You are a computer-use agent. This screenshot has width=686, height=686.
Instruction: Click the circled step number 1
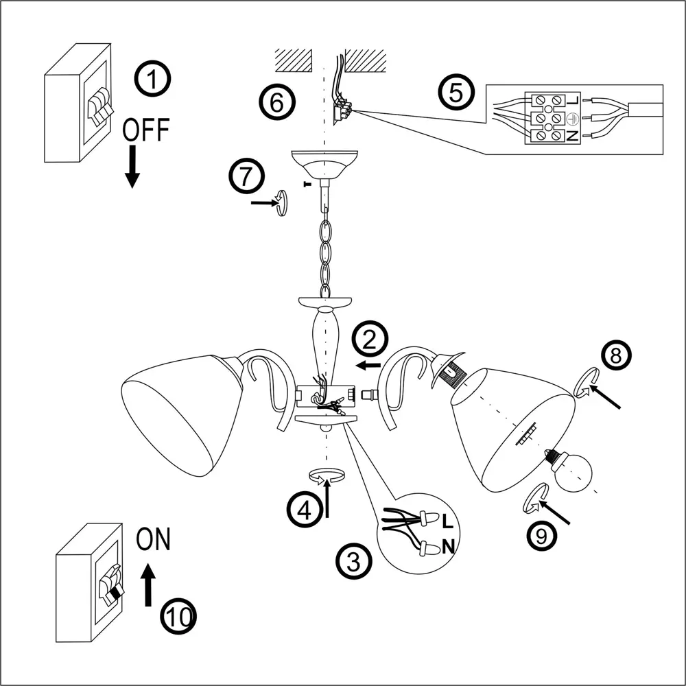[x=153, y=79]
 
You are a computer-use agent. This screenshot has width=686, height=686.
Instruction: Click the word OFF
[x=145, y=130]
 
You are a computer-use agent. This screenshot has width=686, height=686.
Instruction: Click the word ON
[x=153, y=539]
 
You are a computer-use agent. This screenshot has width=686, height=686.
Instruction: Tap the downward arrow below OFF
[x=132, y=169]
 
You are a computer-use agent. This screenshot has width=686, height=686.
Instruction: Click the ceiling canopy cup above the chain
[x=325, y=165]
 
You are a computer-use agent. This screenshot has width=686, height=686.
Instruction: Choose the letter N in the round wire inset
[x=448, y=546]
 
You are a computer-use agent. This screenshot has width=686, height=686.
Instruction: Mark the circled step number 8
[x=615, y=355]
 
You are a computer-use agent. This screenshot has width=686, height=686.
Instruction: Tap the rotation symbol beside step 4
[x=326, y=475]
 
